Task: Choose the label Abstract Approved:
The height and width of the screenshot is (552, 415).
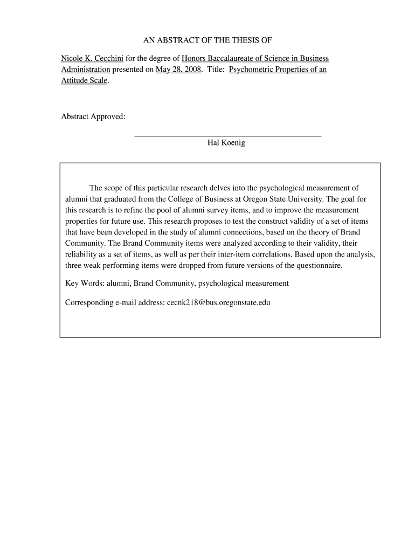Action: pos(93,117)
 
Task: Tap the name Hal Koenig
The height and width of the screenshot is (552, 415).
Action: pos(226,143)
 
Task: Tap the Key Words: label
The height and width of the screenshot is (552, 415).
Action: pos(85,283)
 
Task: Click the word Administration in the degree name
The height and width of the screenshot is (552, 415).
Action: pos(86,70)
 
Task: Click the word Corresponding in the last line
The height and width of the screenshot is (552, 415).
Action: pos(88,302)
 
